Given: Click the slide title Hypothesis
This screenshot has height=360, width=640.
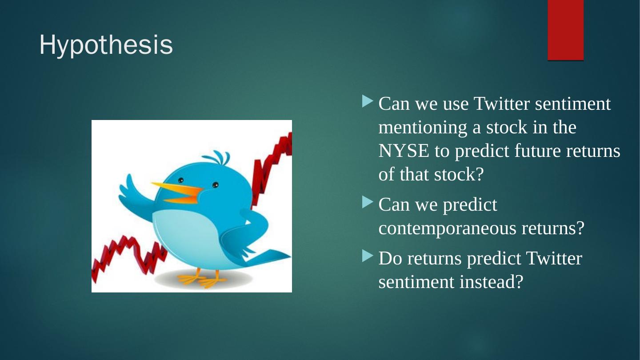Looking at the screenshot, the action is tap(106, 45).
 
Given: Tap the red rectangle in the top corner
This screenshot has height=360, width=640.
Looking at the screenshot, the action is tap(565, 30).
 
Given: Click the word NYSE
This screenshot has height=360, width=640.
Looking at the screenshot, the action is tap(404, 151).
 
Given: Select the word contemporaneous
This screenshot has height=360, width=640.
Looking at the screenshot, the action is tap(448, 228).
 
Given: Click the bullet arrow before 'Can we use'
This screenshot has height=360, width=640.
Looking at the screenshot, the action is tap(368, 101).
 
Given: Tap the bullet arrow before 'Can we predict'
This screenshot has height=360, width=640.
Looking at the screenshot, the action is tap(368, 202).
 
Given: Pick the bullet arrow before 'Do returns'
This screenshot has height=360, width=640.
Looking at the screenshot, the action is tap(368, 256).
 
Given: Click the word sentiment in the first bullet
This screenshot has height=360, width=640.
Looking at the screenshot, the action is tap(573, 104).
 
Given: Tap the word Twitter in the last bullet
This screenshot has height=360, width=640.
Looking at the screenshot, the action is tap(554, 258).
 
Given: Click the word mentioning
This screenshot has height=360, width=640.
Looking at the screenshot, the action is tap(423, 128).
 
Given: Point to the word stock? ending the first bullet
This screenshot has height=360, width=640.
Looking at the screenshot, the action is tap(459, 174).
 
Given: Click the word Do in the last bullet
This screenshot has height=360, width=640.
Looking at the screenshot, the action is tap(390, 258).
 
